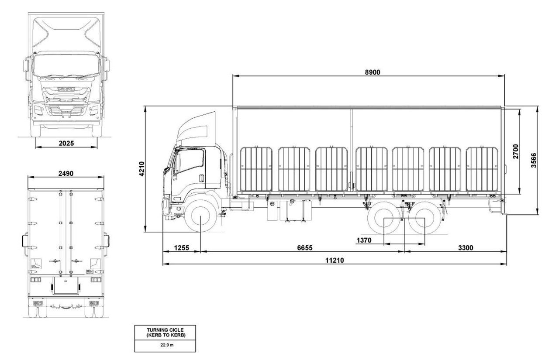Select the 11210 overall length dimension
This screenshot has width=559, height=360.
tap(335, 260)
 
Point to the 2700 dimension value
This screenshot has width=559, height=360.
tap(516, 151)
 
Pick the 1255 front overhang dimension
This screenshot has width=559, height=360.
tap(181, 248)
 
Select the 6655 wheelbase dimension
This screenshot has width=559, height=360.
tap(305, 248)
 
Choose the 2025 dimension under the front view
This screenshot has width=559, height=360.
tap(66, 143)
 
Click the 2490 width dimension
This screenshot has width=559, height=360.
tap(66, 173)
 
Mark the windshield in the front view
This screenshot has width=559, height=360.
tap(66, 64)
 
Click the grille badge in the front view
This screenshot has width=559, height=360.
tap(66, 89)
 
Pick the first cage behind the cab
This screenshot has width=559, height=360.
tap(256, 169)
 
